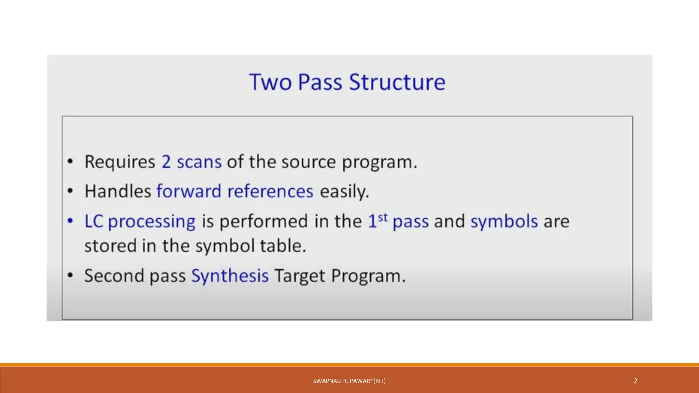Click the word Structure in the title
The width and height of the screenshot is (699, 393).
tap(397, 82)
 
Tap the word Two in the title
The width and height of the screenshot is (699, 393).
tap(270, 82)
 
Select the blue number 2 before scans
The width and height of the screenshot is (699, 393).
tap(166, 162)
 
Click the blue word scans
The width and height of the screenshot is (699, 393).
tap(199, 162)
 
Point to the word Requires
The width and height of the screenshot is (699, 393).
tap(120, 162)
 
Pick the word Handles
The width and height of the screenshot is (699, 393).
tap(118, 191)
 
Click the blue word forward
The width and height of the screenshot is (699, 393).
tap(189, 191)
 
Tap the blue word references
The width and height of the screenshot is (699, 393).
tap(270, 191)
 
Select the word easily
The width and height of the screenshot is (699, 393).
tap(344, 192)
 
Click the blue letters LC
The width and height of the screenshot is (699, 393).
tap(94, 221)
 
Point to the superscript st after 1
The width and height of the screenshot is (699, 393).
tap(383, 217)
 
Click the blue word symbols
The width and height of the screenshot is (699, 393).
tap(504, 222)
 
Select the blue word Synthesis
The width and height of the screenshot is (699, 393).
tap(230, 276)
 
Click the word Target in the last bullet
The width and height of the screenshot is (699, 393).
tap(300, 276)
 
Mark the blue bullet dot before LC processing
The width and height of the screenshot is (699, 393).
tap(70, 221)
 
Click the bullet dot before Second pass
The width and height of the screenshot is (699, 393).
tap(70, 275)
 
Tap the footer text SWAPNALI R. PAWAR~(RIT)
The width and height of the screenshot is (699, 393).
tap(349, 381)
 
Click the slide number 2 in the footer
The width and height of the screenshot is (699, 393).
tap(635, 381)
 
